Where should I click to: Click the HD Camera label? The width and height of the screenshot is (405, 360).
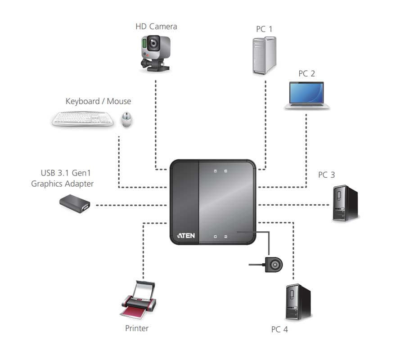pyautogui.click(x=156, y=27)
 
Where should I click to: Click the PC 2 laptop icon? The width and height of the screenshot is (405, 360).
pyautogui.click(x=307, y=95)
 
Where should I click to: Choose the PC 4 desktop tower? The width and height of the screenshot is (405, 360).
pyautogui.click(x=298, y=302)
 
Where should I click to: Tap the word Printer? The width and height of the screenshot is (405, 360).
pyautogui.click(x=137, y=328)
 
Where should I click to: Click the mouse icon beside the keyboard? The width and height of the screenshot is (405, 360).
pyautogui.click(x=126, y=120)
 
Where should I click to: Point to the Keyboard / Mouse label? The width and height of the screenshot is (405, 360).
pyautogui.click(x=98, y=101)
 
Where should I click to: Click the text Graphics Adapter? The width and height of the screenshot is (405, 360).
pyautogui.click(x=63, y=184)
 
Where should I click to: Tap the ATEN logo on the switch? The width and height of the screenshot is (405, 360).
pyautogui.click(x=186, y=235)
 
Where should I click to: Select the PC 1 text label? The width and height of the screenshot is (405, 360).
pyautogui.click(x=264, y=29)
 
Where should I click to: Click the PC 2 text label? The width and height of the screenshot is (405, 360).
pyautogui.click(x=307, y=73)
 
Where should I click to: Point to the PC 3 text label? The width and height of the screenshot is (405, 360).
pyautogui.click(x=326, y=175)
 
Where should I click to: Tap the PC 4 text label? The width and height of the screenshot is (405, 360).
pyautogui.click(x=279, y=329)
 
